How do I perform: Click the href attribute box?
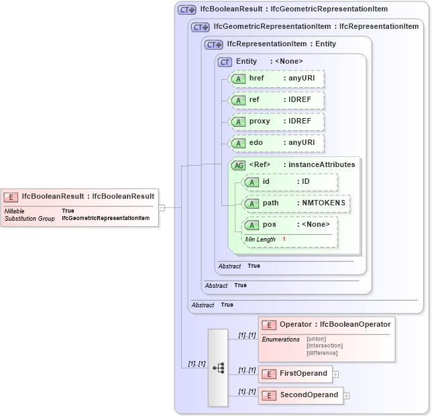tap(276, 79)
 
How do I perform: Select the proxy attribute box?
tap(276, 121)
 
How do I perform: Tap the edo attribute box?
tap(276, 143)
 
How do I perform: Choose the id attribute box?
tap(290, 182)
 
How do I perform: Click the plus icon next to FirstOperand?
tap(335, 374)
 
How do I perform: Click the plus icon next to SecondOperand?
tap(346, 396)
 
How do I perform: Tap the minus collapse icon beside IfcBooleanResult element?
tap(161, 207)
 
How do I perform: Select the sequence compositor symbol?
tap(218, 368)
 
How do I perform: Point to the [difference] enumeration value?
tap(322, 353)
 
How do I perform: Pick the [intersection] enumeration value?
tap(325, 346)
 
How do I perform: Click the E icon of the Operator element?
tap(269, 325)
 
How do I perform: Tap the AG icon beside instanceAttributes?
tap(238, 165)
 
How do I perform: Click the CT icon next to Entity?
tap(225, 62)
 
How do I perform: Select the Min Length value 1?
tap(284, 240)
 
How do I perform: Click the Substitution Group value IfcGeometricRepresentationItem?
tap(105, 219)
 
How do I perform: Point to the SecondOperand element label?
tap(309, 395)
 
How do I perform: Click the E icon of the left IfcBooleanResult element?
tap(11, 197)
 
